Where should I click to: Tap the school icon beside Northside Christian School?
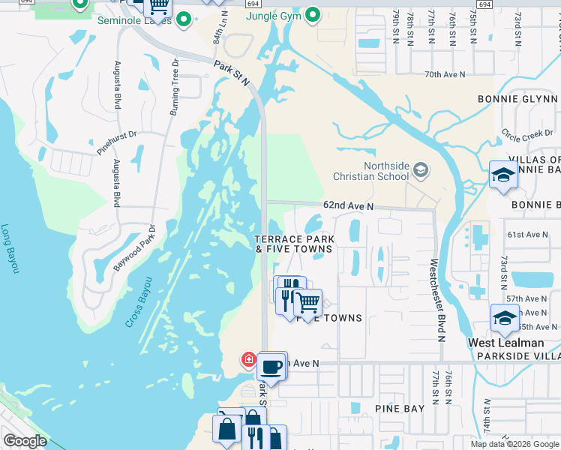click(x=420, y=171)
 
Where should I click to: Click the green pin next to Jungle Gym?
click(x=313, y=14)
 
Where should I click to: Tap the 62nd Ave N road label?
click(x=348, y=205)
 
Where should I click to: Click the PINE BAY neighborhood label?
click(x=400, y=409)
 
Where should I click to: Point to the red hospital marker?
click(x=247, y=360)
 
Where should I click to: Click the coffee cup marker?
click(x=271, y=367)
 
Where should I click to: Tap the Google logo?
click(x=25, y=441)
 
